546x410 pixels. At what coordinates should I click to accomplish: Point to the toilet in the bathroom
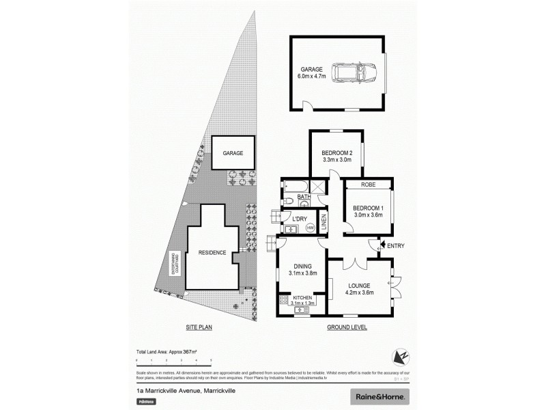(x=289, y=201)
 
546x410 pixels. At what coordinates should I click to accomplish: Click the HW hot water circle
(x=310, y=228)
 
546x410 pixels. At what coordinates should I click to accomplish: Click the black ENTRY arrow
(x=382, y=245)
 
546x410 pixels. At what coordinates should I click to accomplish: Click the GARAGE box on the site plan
(x=233, y=154)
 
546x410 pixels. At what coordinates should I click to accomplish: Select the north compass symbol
(x=400, y=357)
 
